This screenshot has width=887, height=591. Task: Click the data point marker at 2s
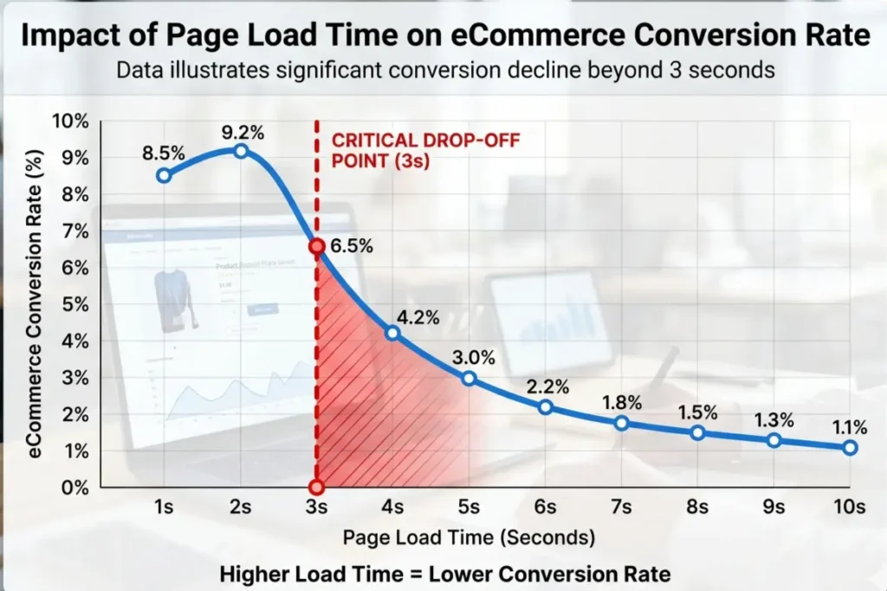tap(241, 151)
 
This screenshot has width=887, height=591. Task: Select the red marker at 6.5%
tap(316, 247)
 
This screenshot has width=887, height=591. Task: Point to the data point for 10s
tap(850, 447)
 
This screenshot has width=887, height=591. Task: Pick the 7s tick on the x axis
tap(621, 506)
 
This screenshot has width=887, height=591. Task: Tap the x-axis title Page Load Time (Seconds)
tap(469, 537)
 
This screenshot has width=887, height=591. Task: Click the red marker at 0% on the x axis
tap(316, 487)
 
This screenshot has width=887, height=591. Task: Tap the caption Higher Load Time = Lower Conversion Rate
tap(444, 573)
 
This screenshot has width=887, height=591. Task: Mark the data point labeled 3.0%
tap(469, 378)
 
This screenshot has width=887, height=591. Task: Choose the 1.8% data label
tap(621, 402)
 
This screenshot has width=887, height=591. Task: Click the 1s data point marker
tap(164, 175)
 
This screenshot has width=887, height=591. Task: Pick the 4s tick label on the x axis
tap(392, 506)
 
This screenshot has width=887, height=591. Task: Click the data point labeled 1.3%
tap(774, 440)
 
